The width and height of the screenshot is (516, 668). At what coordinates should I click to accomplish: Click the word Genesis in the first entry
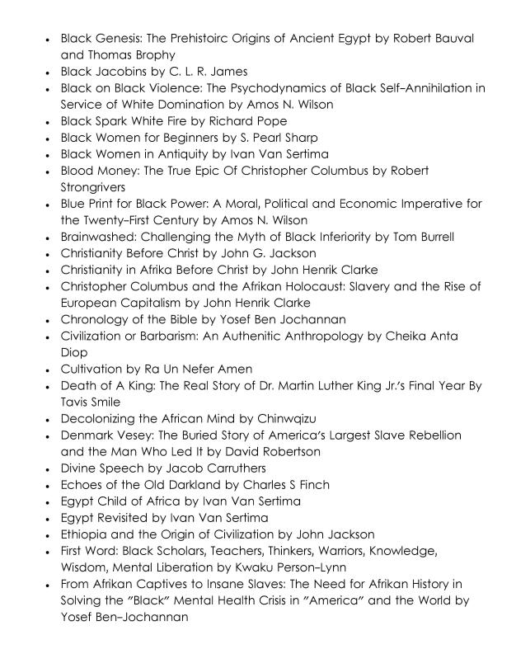pos(120,39)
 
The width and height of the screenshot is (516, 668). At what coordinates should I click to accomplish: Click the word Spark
pos(118,121)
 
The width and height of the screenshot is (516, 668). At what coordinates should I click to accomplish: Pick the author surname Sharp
pos(299,138)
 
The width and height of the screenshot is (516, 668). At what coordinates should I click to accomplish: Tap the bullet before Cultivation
pos(49,369)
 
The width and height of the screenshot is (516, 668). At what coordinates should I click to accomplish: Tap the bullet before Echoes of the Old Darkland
pos(49,485)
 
